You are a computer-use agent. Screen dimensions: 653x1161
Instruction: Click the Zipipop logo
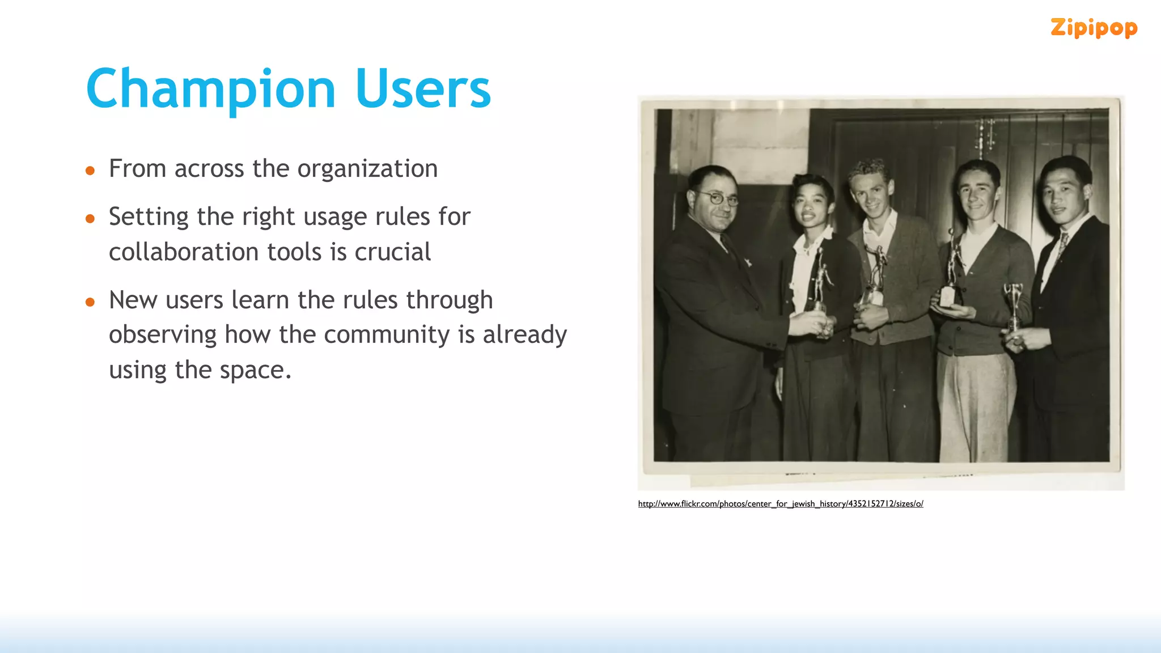pos(1094,28)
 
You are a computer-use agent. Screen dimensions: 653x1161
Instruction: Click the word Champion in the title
pos(211,90)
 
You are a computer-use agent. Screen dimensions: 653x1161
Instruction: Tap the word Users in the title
pos(423,90)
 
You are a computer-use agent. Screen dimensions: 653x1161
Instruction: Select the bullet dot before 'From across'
pos(90,171)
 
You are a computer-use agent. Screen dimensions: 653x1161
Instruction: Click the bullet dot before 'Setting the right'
pos(90,219)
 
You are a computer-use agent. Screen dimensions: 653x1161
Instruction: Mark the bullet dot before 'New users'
pos(90,302)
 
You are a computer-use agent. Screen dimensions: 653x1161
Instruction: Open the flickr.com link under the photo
pos(780,503)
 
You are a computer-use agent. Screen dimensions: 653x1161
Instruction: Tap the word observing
pos(163,335)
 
